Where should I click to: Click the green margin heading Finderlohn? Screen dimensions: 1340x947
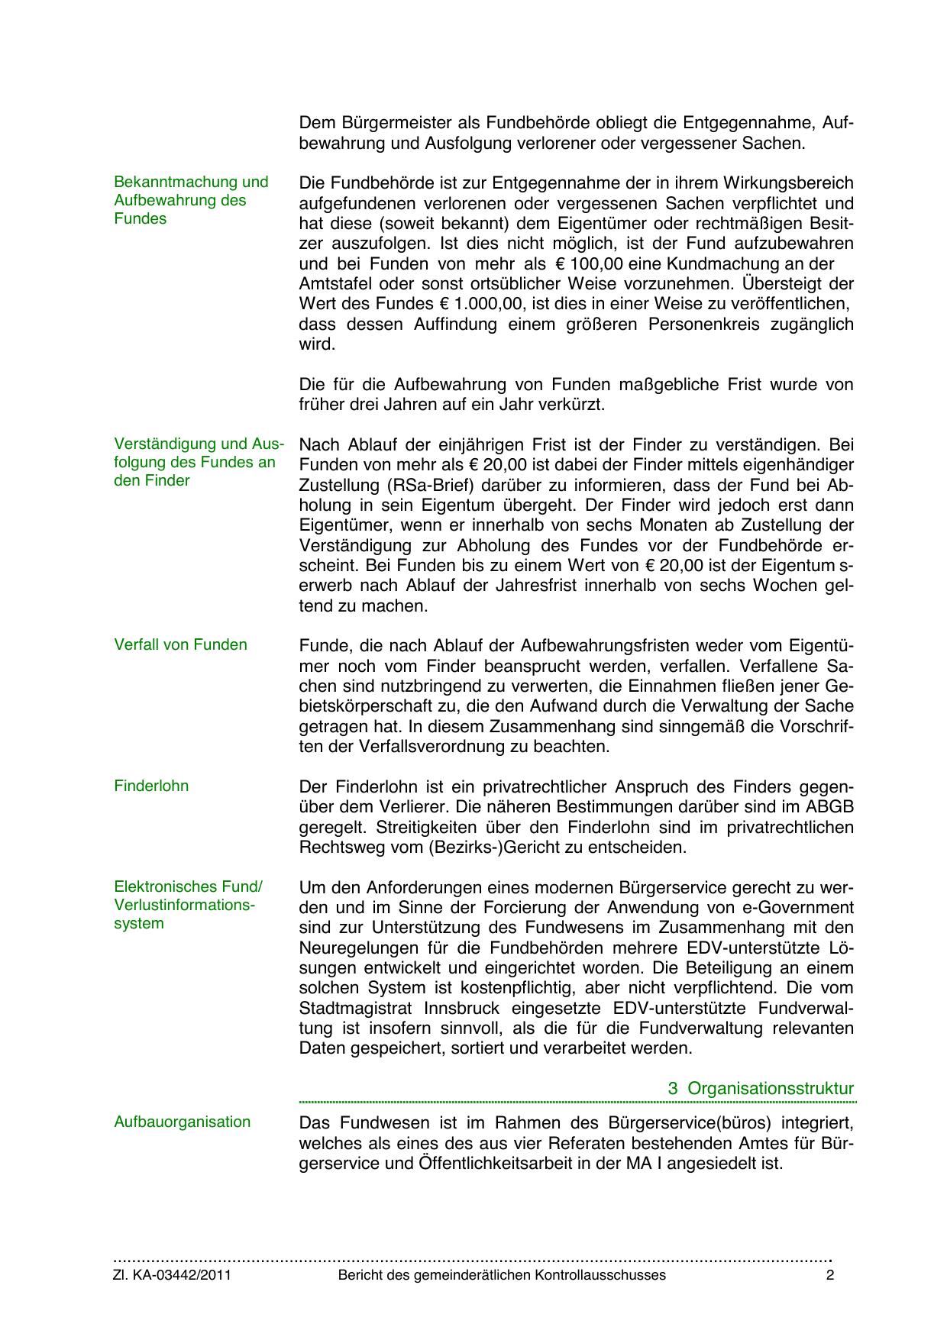(151, 786)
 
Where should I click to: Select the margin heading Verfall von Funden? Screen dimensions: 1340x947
(180, 644)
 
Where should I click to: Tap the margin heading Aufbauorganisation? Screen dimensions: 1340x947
(182, 1122)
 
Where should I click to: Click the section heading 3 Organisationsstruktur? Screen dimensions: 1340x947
(761, 1088)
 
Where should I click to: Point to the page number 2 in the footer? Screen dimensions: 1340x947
(830, 1275)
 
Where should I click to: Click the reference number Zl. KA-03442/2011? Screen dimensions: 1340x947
(173, 1275)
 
